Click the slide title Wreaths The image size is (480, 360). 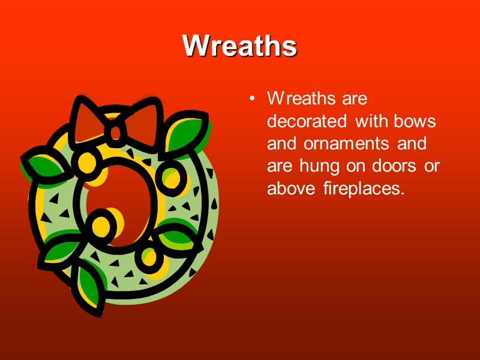click(x=239, y=45)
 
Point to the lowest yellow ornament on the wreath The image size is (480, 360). click(x=151, y=259)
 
